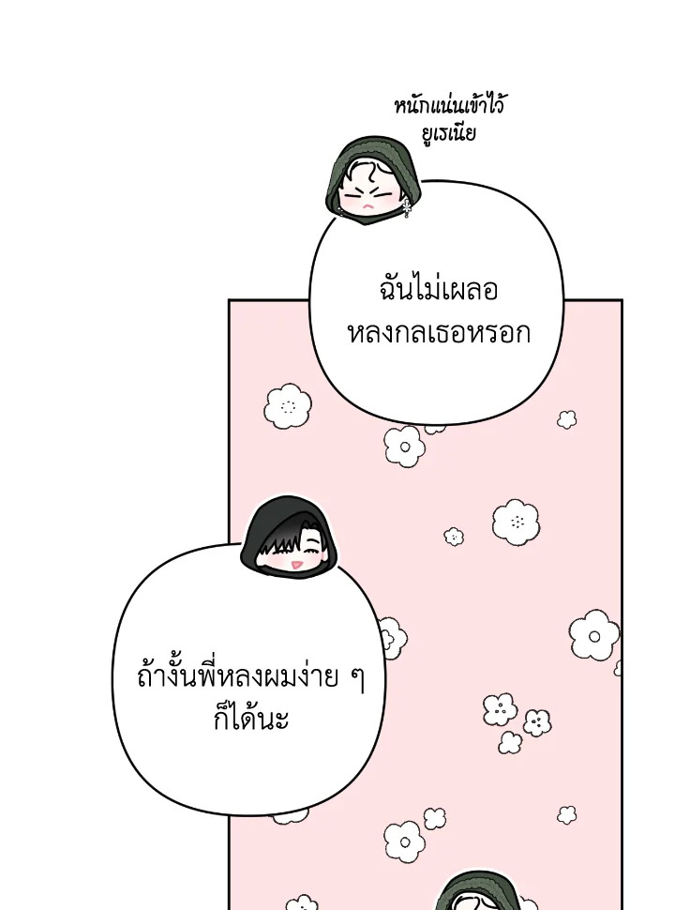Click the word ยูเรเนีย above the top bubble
[449, 133]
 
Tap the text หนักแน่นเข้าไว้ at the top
[449, 105]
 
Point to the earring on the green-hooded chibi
[407, 207]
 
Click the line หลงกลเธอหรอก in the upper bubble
[439, 333]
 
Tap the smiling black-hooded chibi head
[289, 537]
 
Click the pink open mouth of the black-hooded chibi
[295, 564]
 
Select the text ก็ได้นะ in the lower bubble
[250, 718]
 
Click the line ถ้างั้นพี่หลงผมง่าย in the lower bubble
[237, 676]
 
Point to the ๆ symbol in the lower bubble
[358, 679]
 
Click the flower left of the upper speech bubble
[288, 406]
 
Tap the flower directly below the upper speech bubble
[404, 447]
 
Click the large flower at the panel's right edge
[594, 635]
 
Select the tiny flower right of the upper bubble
[566, 419]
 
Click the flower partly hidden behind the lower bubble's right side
[393, 638]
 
